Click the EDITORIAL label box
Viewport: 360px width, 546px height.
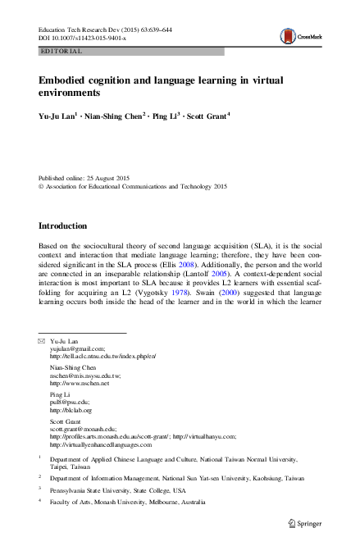click(x=61, y=51)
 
